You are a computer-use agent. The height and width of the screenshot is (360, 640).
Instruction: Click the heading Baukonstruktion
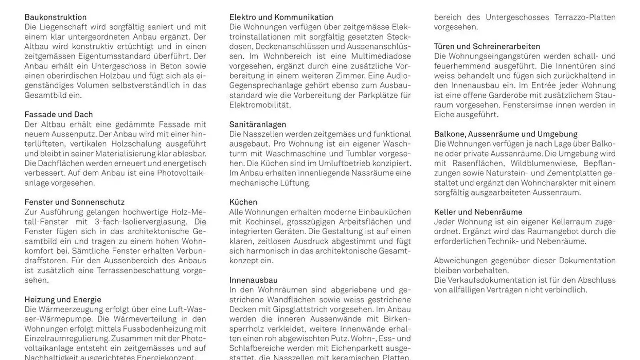56,17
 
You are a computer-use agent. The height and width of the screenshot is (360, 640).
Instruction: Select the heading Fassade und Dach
59,115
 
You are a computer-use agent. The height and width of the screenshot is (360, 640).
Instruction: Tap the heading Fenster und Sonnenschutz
74,202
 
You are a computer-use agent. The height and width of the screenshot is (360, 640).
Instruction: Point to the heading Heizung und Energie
63,300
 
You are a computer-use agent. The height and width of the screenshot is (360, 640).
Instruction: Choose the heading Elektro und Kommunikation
281,17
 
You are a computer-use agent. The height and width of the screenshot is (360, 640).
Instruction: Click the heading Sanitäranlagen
258,124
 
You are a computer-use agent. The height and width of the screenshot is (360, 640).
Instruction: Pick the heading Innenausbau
253,280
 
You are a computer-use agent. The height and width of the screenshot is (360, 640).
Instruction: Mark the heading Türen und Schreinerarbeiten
487,46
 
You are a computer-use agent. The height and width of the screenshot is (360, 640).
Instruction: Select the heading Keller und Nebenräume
478,212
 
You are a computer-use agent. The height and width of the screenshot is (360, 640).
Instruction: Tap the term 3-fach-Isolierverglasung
141,222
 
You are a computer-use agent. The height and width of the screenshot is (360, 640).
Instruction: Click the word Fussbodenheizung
157,329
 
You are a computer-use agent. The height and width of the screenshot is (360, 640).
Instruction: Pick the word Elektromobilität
260,105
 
